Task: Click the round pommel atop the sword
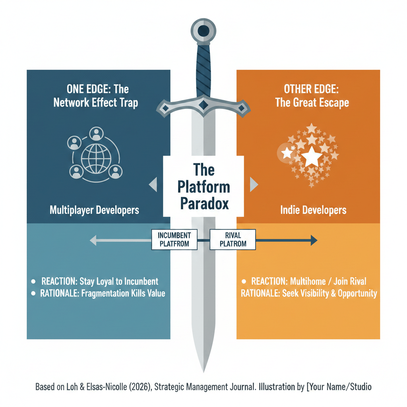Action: click(203, 30)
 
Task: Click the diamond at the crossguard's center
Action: click(203, 104)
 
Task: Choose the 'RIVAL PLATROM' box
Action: click(233, 239)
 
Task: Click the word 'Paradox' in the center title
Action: click(204, 203)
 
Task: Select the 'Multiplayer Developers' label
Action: click(94, 209)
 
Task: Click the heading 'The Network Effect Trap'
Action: click(95, 103)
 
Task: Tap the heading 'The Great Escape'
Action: click(312, 103)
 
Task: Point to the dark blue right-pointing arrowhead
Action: click(314, 240)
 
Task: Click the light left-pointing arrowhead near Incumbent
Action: click(93, 240)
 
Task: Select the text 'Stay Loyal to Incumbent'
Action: click(119, 281)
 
